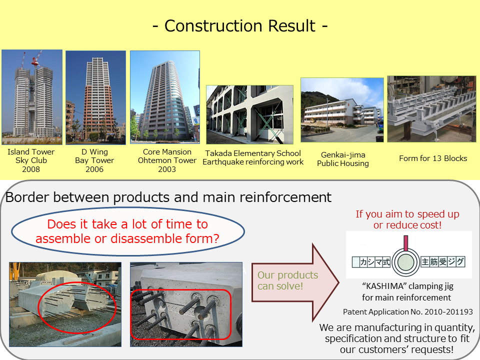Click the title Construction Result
[239, 25]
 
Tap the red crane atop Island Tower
[36, 59]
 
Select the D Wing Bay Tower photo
[95, 97]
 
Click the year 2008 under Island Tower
[31, 169]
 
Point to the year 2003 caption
[167, 169]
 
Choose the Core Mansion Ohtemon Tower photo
[165, 97]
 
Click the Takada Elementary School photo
[250, 114]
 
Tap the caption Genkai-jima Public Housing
[343, 159]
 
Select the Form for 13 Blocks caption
[433, 158]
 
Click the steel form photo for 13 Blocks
[431, 109]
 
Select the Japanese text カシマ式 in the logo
[375, 262]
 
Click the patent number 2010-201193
[448, 312]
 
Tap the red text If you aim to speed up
[407, 214]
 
